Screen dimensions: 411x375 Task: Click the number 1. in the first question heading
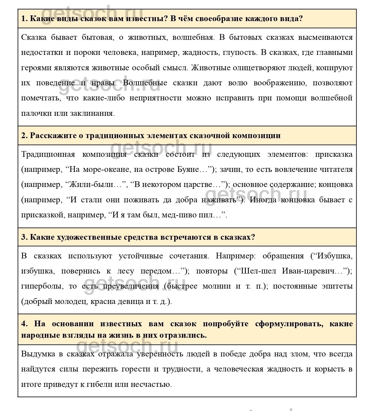(x=24, y=19)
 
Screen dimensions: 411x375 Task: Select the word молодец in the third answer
(x=71, y=301)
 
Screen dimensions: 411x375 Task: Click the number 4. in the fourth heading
(x=24, y=324)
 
